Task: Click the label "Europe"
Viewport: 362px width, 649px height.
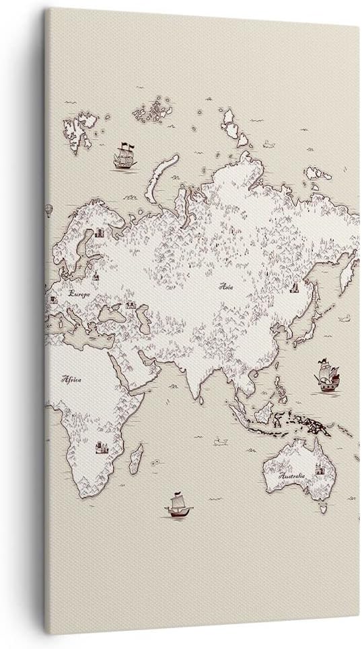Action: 79,294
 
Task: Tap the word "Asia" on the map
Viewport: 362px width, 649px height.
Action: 225,286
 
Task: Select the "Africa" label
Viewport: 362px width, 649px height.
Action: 71,380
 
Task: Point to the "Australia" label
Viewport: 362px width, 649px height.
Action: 293,476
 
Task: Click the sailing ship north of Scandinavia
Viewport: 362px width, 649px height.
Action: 124,156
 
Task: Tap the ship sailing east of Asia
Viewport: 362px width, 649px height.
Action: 327,376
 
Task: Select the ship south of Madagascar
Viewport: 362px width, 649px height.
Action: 178,505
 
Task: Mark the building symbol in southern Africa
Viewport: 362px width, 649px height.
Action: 102,447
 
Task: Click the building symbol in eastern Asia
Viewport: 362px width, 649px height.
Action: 294,288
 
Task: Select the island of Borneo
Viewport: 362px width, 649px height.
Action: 265,411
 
